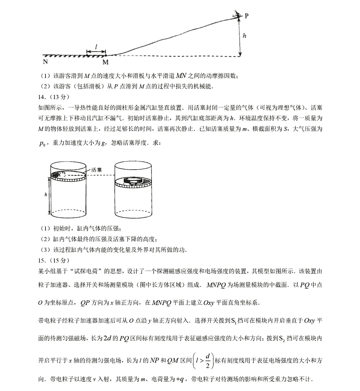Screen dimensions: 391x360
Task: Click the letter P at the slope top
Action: (x=247, y=16)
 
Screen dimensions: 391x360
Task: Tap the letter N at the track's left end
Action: (x=45, y=62)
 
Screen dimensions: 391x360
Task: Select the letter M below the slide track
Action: (x=105, y=62)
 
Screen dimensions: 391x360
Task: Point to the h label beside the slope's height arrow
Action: (x=244, y=35)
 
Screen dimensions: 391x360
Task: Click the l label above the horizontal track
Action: (x=96, y=47)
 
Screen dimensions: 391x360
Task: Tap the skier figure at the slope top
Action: (x=237, y=14)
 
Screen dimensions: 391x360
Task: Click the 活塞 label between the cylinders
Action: (x=97, y=170)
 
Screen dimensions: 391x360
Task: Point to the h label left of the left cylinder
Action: (x=46, y=195)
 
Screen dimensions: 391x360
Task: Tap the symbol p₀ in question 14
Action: (x=42, y=144)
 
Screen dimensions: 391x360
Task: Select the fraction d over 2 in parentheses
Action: (x=207, y=361)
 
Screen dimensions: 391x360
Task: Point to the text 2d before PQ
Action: (x=107, y=338)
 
